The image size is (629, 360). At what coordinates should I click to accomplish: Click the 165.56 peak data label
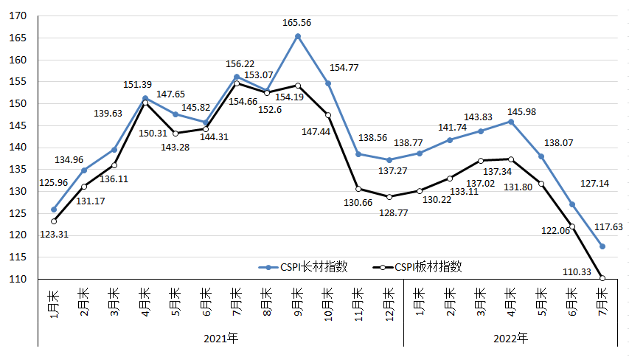click(x=296, y=23)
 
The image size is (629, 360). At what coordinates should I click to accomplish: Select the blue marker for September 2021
click(x=298, y=36)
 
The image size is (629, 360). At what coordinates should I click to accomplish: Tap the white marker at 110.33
click(x=602, y=278)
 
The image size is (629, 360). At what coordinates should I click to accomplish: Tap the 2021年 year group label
click(x=220, y=339)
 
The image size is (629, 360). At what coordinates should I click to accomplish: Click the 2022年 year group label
click(x=510, y=339)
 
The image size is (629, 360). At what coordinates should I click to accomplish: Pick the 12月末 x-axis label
click(x=389, y=302)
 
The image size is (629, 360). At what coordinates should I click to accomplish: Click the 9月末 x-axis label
click(x=298, y=302)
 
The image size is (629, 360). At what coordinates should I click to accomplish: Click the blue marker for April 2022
click(x=511, y=122)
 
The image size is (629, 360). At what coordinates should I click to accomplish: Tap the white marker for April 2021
click(x=145, y=103)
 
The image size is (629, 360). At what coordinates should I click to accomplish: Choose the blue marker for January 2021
click(x=54, y=210)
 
